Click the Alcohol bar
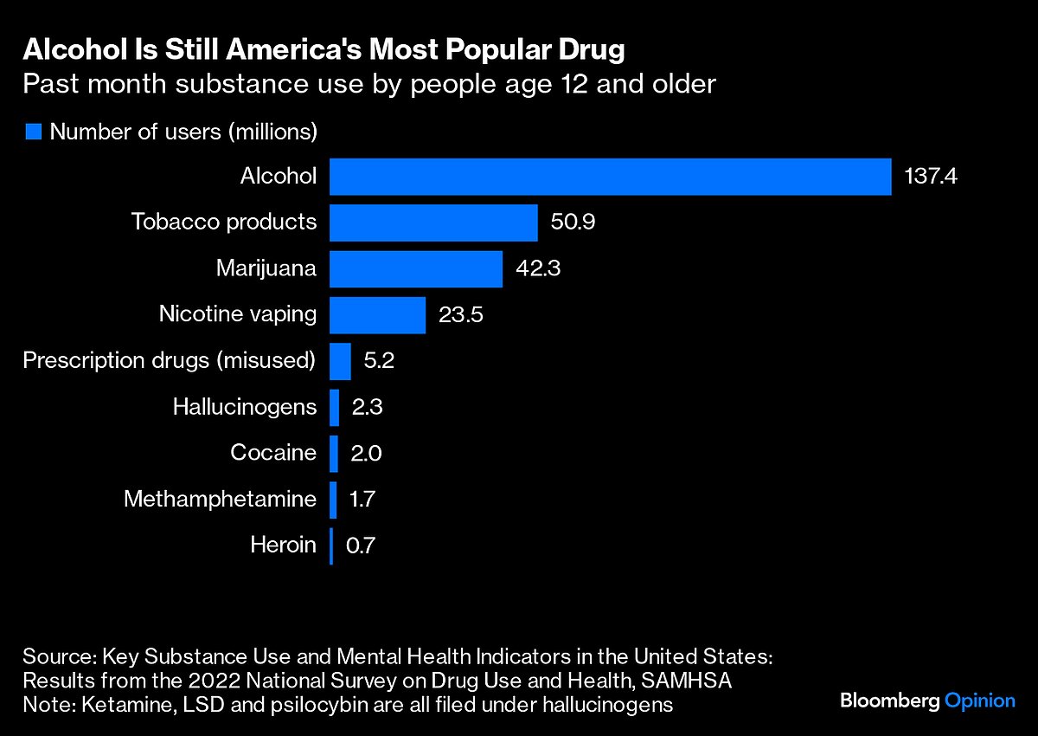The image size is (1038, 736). coord(610,177)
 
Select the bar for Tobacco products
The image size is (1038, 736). coord(433,223)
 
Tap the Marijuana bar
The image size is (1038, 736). coord(415,268)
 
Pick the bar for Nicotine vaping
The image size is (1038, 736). coord(377,314)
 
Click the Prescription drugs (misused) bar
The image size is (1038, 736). coord(340,361)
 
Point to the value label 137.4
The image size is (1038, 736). coord(932,177)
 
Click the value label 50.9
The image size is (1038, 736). coord(573,223)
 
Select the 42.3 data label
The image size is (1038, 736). coord(538,268)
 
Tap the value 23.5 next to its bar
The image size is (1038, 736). coord(461,314)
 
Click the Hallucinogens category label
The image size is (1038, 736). coord(245,407)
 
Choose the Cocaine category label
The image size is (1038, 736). coord(273,453)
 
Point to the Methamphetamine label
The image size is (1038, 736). coord(220,499)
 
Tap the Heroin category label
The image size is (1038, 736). coord(283,546)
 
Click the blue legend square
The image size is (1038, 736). coord(34,132)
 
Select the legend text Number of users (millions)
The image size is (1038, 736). coord(184,132)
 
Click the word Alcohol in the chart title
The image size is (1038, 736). coord(68,51)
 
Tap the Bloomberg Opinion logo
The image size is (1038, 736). coord(927,700)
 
